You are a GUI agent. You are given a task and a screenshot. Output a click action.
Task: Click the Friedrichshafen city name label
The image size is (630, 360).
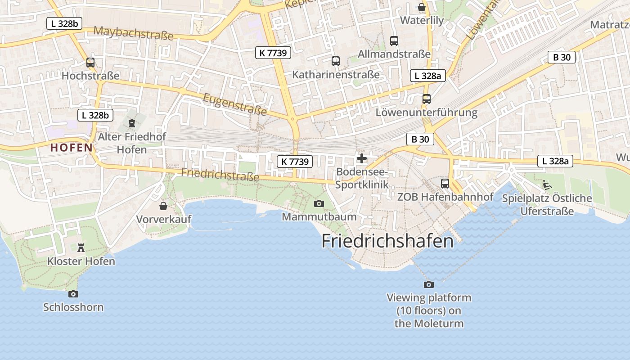coord(387,242)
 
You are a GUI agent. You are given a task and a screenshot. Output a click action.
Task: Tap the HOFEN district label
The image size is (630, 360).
coord(72,147)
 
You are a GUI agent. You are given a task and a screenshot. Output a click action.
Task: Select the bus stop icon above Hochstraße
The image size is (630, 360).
coord(90,63)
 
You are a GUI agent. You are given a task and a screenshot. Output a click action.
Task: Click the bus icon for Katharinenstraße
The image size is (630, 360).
coord(336,61)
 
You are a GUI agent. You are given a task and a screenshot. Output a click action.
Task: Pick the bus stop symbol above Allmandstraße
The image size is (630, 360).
coord(394,41)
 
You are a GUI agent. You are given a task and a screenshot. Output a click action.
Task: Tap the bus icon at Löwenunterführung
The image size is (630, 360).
coord(427,99)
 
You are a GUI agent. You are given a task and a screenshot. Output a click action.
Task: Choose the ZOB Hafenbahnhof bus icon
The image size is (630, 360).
coord(445,184)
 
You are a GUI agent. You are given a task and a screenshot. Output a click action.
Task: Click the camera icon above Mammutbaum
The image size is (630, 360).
coord(319,204)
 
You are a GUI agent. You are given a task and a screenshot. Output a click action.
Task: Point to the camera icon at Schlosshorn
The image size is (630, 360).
coord(73,294)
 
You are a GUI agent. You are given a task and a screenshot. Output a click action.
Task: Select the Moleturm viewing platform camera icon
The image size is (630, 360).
coord(429,284)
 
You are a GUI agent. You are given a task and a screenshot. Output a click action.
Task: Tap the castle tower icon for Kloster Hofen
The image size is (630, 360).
coord(81,248)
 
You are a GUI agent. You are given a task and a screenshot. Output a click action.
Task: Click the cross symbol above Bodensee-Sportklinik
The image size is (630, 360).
coord(362,158)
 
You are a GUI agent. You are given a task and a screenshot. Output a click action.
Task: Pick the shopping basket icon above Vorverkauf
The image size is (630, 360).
coord(163,206)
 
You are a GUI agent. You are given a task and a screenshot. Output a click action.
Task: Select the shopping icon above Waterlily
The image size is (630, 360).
coord(422,7)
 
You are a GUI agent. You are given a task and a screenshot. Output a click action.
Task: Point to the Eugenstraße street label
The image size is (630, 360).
coord(235,104)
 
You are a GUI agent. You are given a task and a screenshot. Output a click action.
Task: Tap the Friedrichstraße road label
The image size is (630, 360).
coord(220,175)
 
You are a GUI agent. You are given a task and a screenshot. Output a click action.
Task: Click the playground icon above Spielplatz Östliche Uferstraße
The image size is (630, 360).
coord(547,184)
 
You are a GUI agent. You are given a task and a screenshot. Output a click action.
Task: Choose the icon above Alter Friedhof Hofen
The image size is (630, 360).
coord(132,123)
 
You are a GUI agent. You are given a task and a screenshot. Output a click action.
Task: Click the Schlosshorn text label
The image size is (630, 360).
coord(73,307)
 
